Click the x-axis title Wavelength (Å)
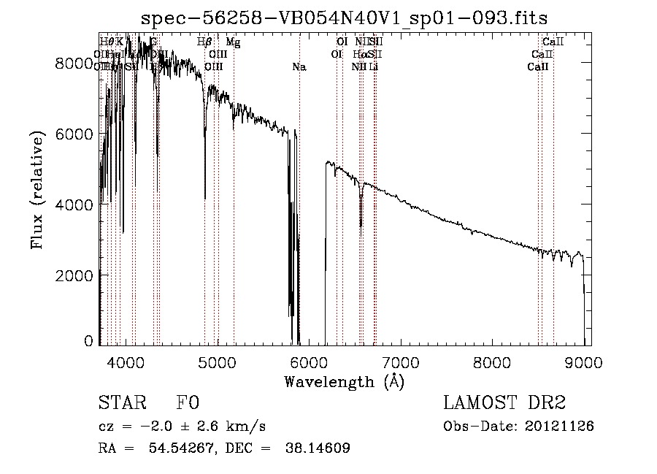[x=344, y=381]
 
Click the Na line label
[x=299, y=67]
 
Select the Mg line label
[x=233, y=42]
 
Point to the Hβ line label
[x=205, y=42]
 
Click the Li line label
[x=373, y=67]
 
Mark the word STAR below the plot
[x=119, y=403]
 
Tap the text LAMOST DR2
[x=504, y=403]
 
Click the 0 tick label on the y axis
[x=89, y=340]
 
